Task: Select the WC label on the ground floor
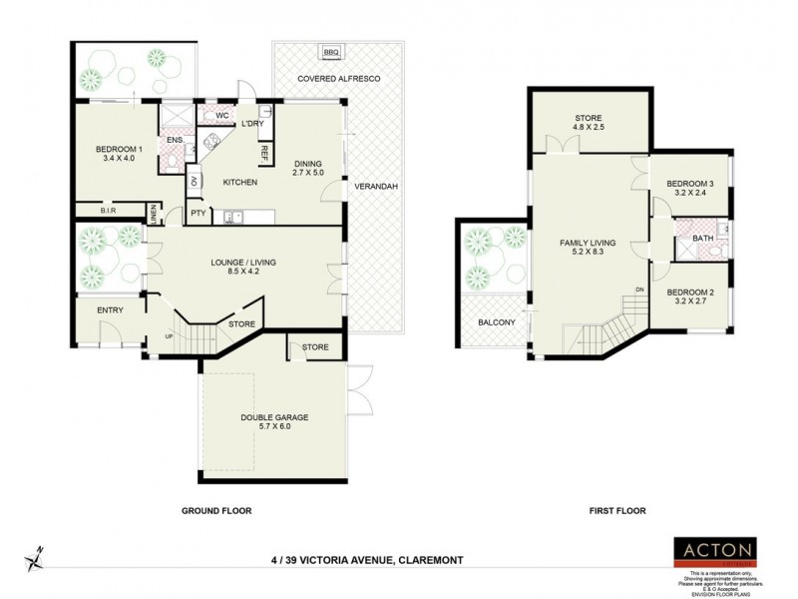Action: tap(222, 116)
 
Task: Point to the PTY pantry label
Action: tap(198, 213)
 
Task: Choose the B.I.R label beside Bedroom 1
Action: tap(112, 211)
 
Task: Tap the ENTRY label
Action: tap(110, 309)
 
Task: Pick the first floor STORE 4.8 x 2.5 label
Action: tap(589, 123)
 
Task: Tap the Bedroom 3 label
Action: tap(690, 184)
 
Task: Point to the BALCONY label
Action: tap(496, 321)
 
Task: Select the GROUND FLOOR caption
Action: tap(215, 510)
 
